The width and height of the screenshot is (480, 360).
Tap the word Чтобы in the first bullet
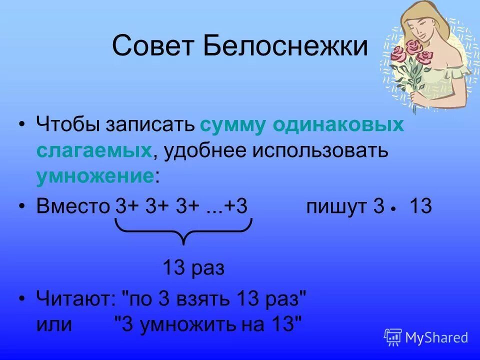pos(67,124)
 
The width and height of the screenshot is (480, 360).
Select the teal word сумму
pos(233,124)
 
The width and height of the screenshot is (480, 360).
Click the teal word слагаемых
pos(93,150)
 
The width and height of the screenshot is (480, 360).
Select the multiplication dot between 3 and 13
pos(394,209)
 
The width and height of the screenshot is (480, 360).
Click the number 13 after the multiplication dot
pos(420,206)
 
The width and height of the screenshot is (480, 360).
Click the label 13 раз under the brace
pos(193,268)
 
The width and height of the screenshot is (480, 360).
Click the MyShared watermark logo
pos(426,337)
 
